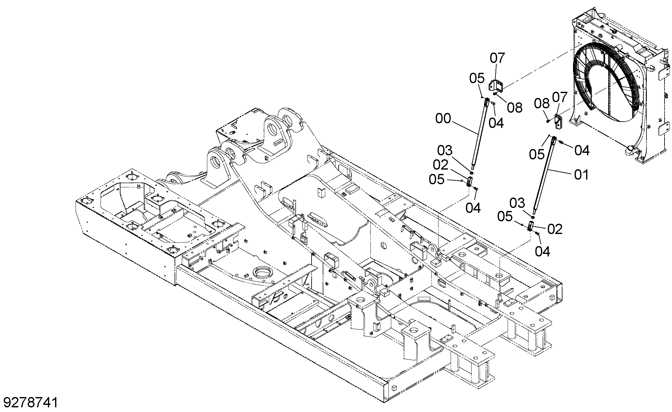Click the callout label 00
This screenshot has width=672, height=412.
click(x=443, y=119)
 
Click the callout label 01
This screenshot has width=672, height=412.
click(x=581, y=175)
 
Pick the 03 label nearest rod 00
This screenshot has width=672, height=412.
click(x=445, y=151)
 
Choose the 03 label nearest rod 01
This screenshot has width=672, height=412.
click(x=517, y=203)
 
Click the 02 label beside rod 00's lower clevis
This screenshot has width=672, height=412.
click(x=440, y=165)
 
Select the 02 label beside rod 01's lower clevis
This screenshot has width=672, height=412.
click(x=555, y=229)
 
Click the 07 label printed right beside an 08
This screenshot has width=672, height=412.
click(x=560, y=98)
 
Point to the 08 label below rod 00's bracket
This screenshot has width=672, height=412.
click(x=515, y=108)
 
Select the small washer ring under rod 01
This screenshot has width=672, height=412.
click(x=533, y=217)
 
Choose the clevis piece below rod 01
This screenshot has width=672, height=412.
click(x=531, y=226)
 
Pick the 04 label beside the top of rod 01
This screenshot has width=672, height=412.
click(x=582, y=151)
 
